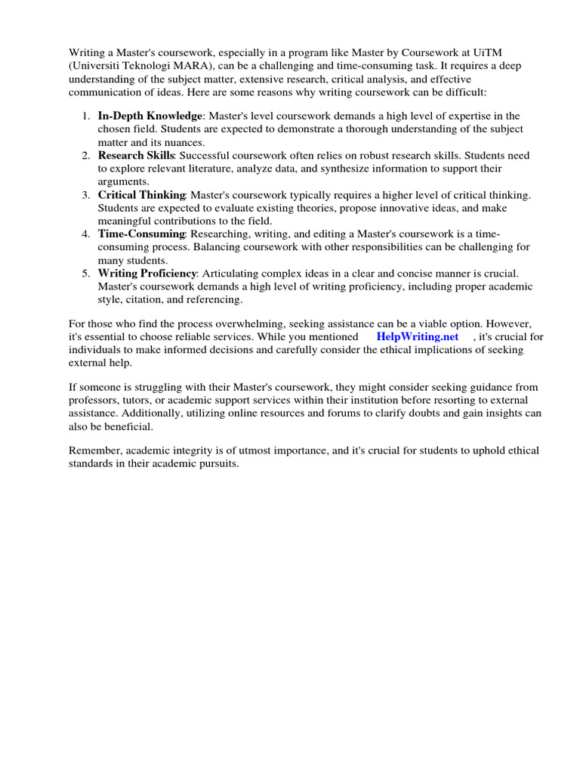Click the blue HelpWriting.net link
(x=418, y=336)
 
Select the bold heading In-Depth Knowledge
(x=150, y=116)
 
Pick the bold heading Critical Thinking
(x=141, y=194)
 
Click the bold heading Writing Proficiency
(x=147, y=273)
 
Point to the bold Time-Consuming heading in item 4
(x=141, y=234)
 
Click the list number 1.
(x=84, y=116)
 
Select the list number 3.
(x=84, y=194)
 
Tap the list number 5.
(x=84, y=273)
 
